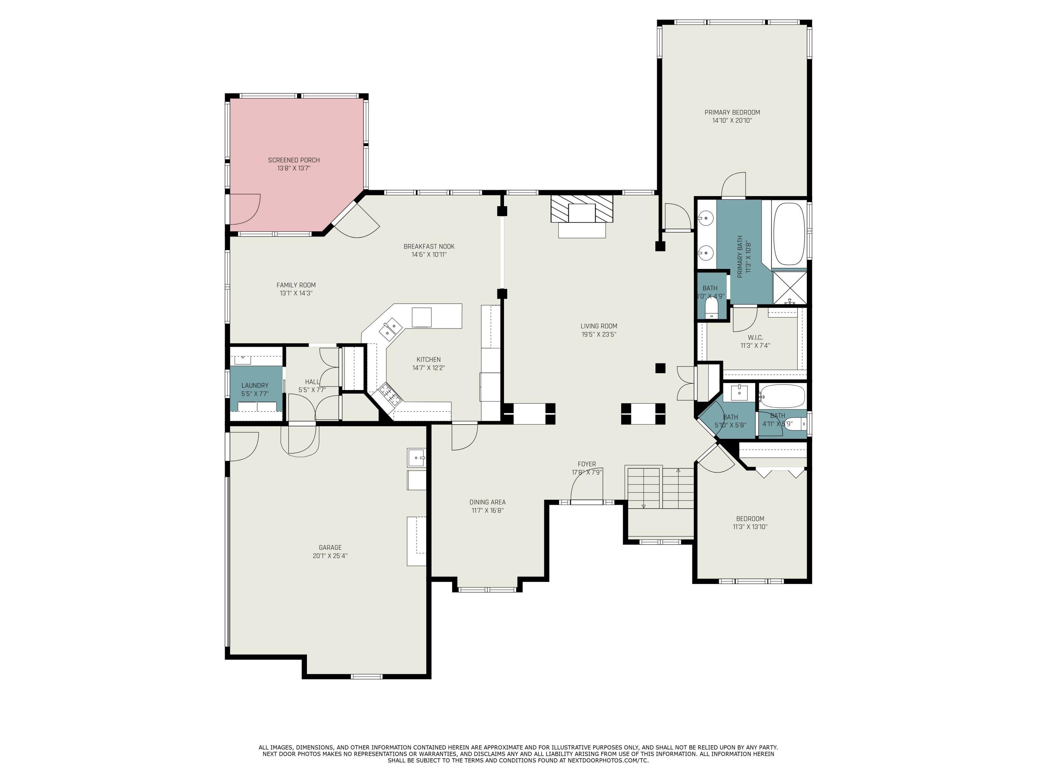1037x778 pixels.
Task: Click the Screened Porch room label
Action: point(293,160)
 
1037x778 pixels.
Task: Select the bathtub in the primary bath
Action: point(789,234)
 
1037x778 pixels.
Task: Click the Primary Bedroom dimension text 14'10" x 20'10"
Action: point(732,121)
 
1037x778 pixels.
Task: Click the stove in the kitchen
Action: point(390,393)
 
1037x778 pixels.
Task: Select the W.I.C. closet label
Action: point(755,337)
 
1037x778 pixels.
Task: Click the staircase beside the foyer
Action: point(660,488)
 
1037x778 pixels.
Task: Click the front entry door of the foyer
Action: point(587,502)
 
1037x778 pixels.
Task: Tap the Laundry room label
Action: point(254,386)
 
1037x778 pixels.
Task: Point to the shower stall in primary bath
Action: point(790,287)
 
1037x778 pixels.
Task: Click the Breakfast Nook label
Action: point(429,246)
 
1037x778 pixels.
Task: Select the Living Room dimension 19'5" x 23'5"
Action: point(599,334)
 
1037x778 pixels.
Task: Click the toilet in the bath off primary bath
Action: point(711,310)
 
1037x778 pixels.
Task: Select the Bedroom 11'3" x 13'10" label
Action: point(750,519)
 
